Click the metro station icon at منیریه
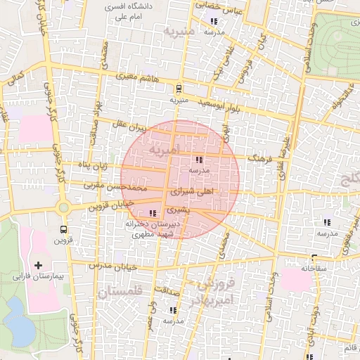(179, 89)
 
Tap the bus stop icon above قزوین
(64, 229)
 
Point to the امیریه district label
(164, 149)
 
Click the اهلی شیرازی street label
(193, 191)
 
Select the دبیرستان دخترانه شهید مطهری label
(153, 229)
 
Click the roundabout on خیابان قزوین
(64, 207)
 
